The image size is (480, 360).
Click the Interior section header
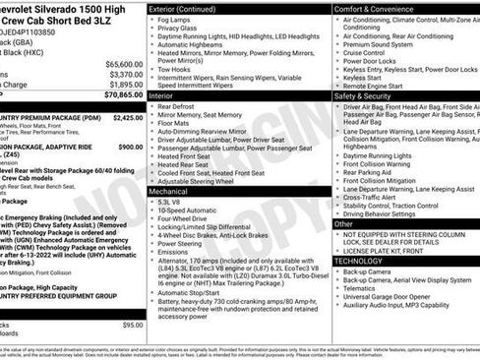[162, 96]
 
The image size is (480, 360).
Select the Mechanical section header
[169, 193]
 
